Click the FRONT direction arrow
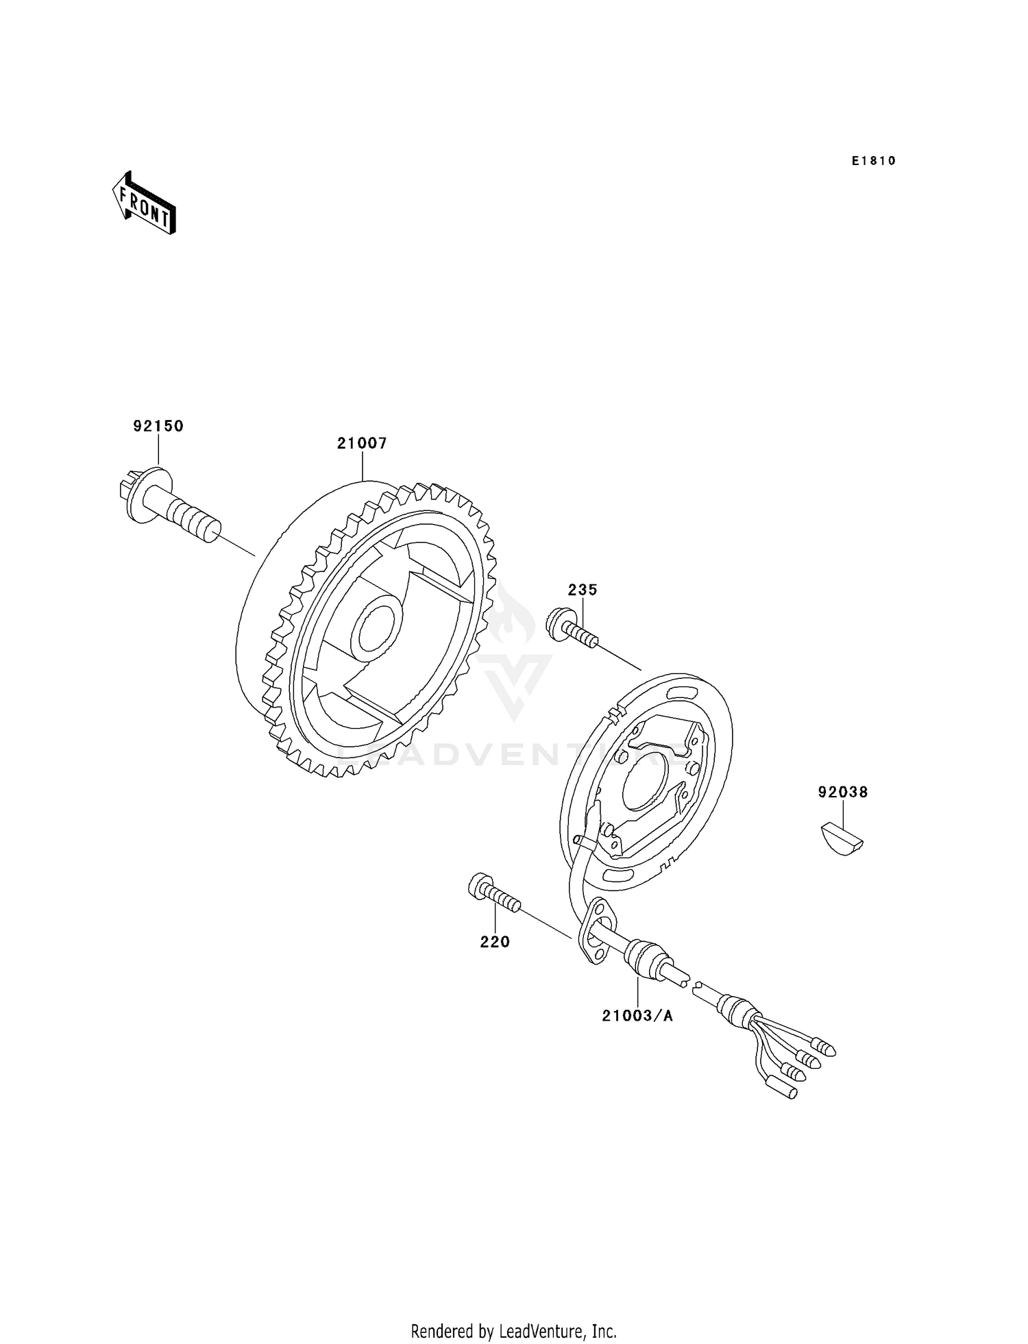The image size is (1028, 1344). (x=144, y=203)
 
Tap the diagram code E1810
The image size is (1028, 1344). (x=874, y=161)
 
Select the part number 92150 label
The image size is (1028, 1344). (x=158, y=426)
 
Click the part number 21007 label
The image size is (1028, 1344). (x=362, y=443)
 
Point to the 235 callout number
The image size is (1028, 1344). (x=583, y=590)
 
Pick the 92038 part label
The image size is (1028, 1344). (x=843, y=793)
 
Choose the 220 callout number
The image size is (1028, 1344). (x=495, y=942)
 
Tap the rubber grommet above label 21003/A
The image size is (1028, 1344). (x=649, y=958)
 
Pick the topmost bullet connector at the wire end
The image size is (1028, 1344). (x=823, y=1047)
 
